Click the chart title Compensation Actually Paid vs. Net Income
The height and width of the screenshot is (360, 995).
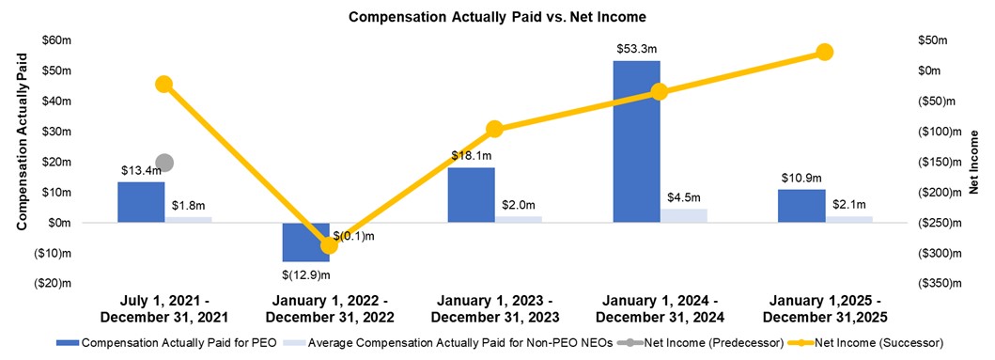coord(497,17)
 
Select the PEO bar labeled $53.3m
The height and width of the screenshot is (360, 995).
coord(637,141)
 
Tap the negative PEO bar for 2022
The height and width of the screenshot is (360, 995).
coord(306,242)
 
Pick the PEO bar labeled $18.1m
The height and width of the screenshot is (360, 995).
coord(472,195)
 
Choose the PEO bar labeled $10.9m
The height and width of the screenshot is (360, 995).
coord(801,206)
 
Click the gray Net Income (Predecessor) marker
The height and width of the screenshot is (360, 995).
coord(164,164)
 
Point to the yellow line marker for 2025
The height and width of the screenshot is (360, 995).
coord(825,52)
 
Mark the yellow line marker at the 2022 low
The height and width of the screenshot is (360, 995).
coord(329,245)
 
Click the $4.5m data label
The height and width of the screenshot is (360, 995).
coord(684,197)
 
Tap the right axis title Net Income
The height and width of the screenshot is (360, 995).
coord(974,162)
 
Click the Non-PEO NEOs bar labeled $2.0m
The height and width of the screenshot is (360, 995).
coord(520,219)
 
